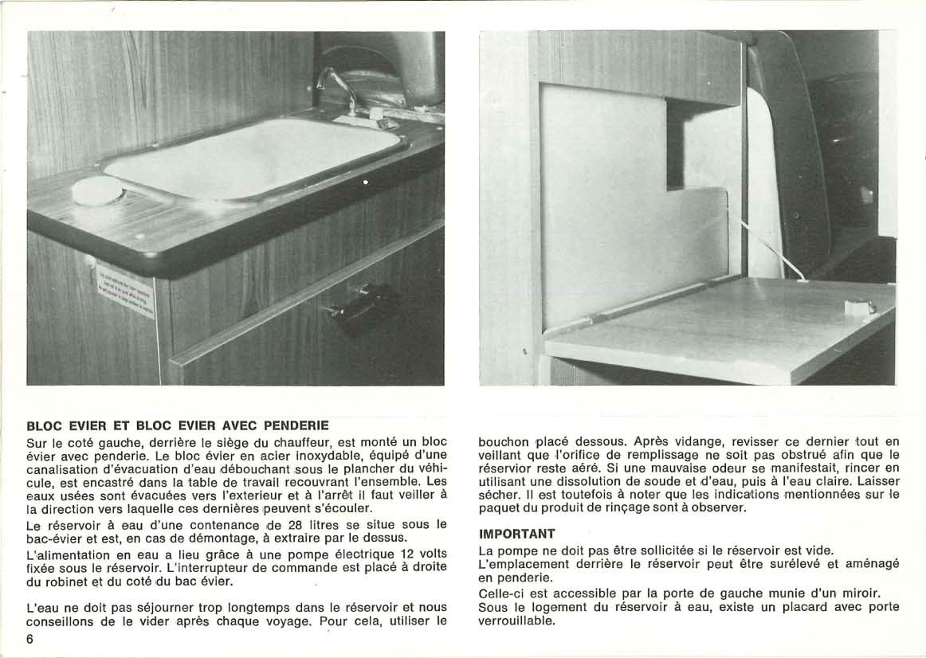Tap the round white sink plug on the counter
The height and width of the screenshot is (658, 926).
click(x=97, y=191)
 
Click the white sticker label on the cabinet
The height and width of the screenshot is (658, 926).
click(x=125, y=289)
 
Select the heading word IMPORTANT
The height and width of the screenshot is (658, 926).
click(x=516, y=533)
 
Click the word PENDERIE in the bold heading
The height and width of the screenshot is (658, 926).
click(x=296, y=425)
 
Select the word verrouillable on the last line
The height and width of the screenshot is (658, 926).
click(x=515, y=621)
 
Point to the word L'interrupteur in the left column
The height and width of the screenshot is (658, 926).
click(x=200, y=567)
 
